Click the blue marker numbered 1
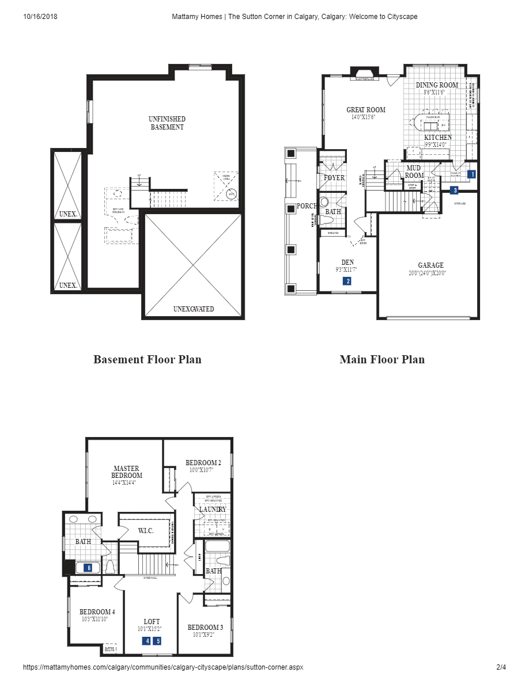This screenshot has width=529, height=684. pos(472,174)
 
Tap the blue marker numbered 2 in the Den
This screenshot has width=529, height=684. pos(347,281)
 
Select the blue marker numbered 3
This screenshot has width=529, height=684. pos(455,190)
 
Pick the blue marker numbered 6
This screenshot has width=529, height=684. pos(88,567)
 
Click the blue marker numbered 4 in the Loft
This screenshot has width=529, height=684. pos(147,641)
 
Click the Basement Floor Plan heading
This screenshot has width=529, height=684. pos(148,359)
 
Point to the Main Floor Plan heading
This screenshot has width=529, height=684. pos(382,359)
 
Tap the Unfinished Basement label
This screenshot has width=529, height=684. pos(167,123)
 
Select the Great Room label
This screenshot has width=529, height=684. pos(366,110)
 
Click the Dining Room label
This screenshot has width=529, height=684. pos(437,85)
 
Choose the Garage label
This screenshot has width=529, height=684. pos(430,265)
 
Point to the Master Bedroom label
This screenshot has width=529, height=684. pos(127,472)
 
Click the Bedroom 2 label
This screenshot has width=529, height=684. pos(203,462)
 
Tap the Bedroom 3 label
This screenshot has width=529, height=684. pos(205,627)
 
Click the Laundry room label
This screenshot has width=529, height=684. pos(212,510)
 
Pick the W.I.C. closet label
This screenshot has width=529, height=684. pos(145,530)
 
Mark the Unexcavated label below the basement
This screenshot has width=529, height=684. pos(194,309)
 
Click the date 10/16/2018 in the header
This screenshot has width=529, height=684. pos(40,17)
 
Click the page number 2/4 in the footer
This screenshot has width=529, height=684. pos(501,667)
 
